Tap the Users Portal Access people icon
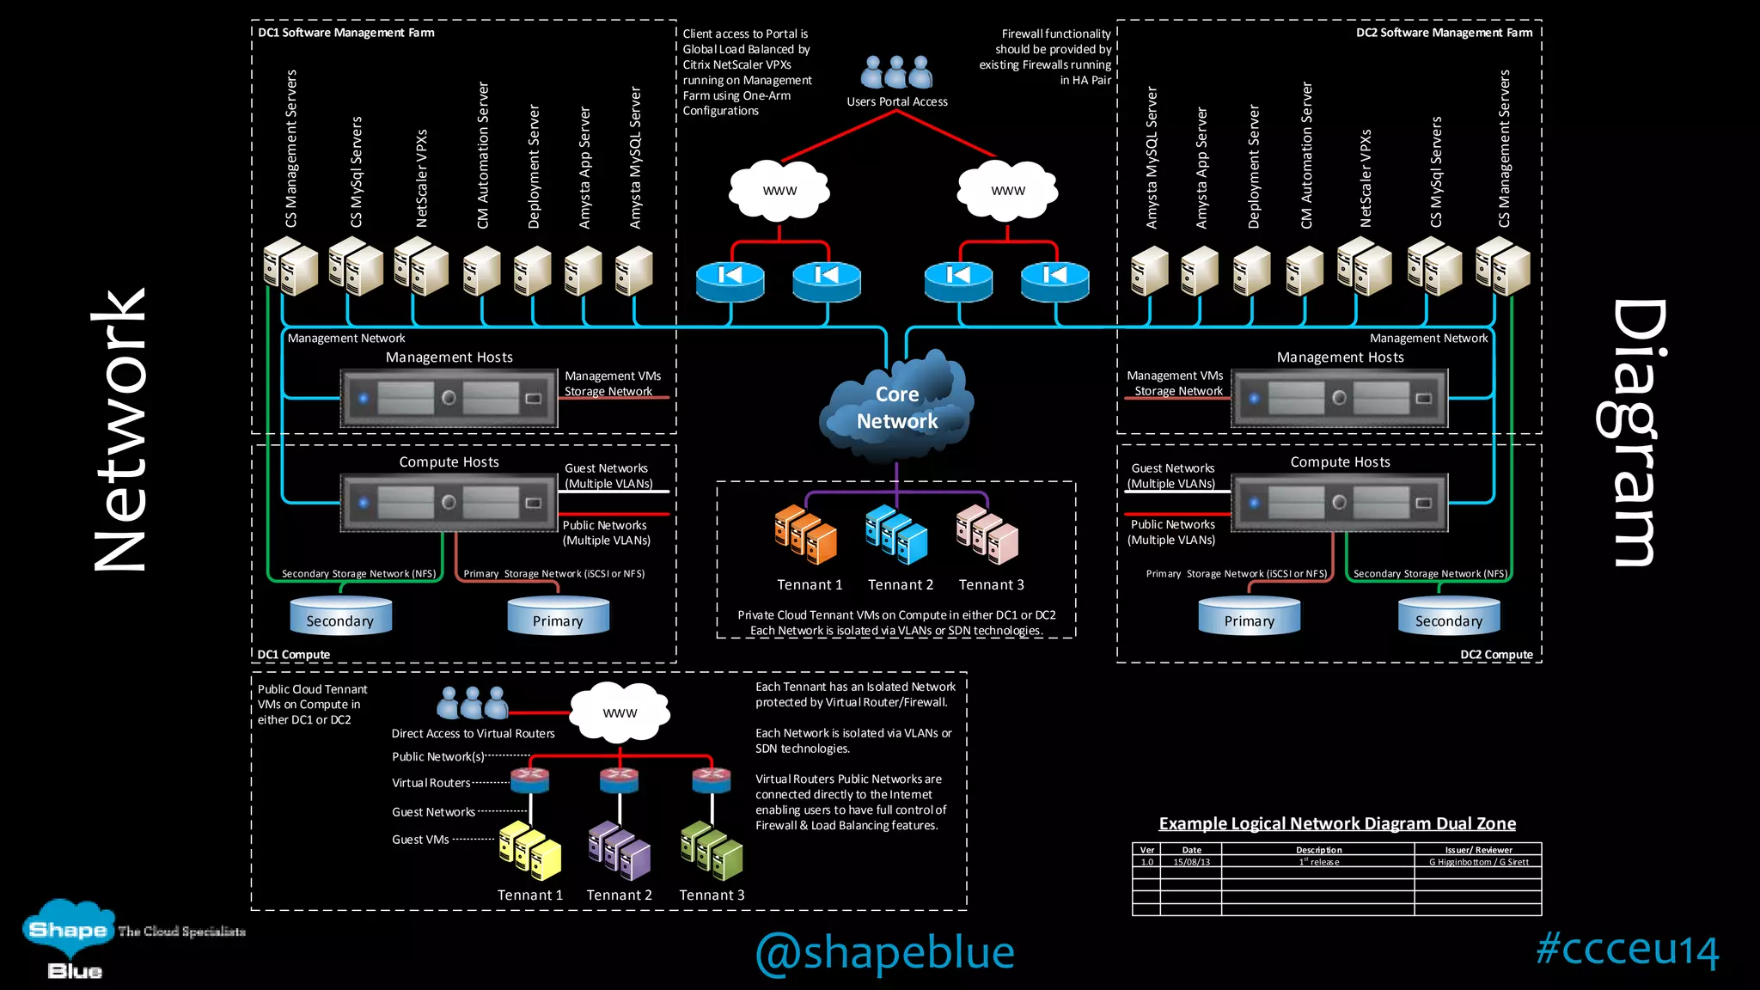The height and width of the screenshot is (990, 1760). click(896, 73)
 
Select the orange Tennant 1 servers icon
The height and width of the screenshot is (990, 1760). click(805, 535)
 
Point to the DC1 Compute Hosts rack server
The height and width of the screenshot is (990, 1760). click(449, 502)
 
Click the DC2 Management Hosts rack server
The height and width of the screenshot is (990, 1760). click(1339, 398)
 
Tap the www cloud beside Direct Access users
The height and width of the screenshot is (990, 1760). click(620, 712)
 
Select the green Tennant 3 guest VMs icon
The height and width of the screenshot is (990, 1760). click(711, 851)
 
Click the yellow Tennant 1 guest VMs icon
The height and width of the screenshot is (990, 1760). click(530, 851)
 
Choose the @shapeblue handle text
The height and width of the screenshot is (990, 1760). click(884, 952)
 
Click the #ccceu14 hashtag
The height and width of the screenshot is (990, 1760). click(1627, 949)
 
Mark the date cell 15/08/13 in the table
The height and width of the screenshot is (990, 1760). click(1191, 862)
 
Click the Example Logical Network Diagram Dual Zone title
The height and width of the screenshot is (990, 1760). click(1337, 823)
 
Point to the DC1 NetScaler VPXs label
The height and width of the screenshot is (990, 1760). click(421, 178)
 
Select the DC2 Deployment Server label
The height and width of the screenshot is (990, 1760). click(1253, 167)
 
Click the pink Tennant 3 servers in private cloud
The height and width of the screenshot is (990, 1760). click(987, 534)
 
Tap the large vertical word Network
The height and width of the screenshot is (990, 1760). click(120, 430)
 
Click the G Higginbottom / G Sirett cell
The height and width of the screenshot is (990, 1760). click(1478, 862)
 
